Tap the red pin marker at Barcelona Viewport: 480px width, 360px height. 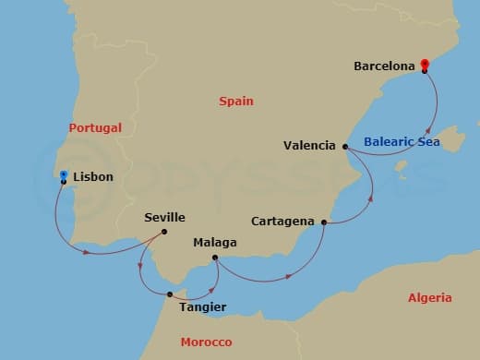pyautogui.click(x=424, y=64)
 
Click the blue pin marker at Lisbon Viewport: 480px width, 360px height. pyautogui.click(x=63, y=174)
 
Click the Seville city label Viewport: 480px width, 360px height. pyautogui.click(x=165, y=218)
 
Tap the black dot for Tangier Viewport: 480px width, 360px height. pyautogui.click(x=170, y=294)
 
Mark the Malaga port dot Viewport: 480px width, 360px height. pyautogui.click(x=214, y=258)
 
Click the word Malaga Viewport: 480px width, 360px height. pyautogui.click(x=215, y=243)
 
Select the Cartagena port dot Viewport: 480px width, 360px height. pyautogui.click(x=323, y=222)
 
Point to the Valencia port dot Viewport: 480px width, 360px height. pyautogui.click(x=344, y=147)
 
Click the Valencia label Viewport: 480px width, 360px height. pyautogui.click(x=310, y=145)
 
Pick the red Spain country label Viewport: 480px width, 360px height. pyautogui.click(x=236, y=102)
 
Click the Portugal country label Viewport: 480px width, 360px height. pyautogui.click(x=95, y=128)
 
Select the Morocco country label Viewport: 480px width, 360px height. pyautogui.click(x=206, y=342)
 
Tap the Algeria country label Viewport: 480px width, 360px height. pyautogui.click(x=430, y=298)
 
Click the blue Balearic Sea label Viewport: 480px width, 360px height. pyautogui.click(x=402, y=142)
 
